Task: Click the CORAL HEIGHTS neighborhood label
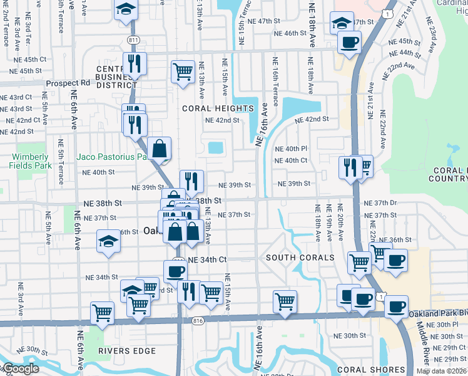218,108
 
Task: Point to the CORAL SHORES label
367,370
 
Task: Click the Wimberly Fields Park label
29,161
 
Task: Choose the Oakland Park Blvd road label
438,313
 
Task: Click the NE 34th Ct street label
207,259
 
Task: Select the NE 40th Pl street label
291,149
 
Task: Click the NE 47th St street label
264,21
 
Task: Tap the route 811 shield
132,40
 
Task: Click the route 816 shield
198,321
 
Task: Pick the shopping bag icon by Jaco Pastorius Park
160,149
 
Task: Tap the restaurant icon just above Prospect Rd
135,63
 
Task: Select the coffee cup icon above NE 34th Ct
176,271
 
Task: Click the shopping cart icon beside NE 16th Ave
285,301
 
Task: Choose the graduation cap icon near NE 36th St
108,241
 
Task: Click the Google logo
20,368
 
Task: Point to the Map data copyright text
441,371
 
